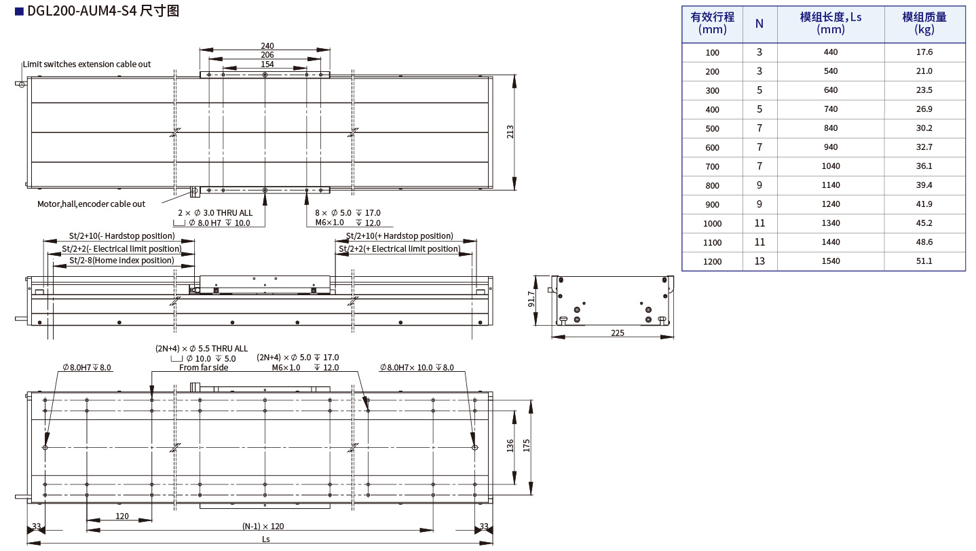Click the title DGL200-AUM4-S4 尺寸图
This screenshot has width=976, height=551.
click(x=102, y=11)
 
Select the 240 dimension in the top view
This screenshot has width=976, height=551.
click(x=267, y=46)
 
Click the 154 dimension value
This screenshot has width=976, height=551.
click(x=267, y=64)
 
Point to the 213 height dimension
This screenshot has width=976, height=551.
click(x=511, y=132)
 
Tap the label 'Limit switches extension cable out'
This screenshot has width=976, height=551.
click(x=87, y=64)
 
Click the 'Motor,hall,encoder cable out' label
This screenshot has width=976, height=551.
click(x=92, y=204)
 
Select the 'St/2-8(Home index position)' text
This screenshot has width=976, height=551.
click(x=121, y=261)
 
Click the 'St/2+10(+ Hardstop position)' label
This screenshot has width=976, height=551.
click(x=399, y=236)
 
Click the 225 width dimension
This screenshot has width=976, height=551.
click(x=617, y=332)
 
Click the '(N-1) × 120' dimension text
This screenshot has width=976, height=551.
click(x=263, y=526)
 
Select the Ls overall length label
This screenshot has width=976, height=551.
click(x=266, y=539)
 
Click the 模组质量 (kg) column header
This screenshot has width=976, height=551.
click(x=924, y=23)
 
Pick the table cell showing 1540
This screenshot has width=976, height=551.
click(x=830, y=261)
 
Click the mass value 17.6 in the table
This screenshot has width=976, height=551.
click(x=924, y=52)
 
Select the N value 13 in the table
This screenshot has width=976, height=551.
click(x=759, y=261)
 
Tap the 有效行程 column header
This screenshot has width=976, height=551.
click(x=712, y=23)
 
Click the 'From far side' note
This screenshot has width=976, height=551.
click(x=204, y=368)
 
